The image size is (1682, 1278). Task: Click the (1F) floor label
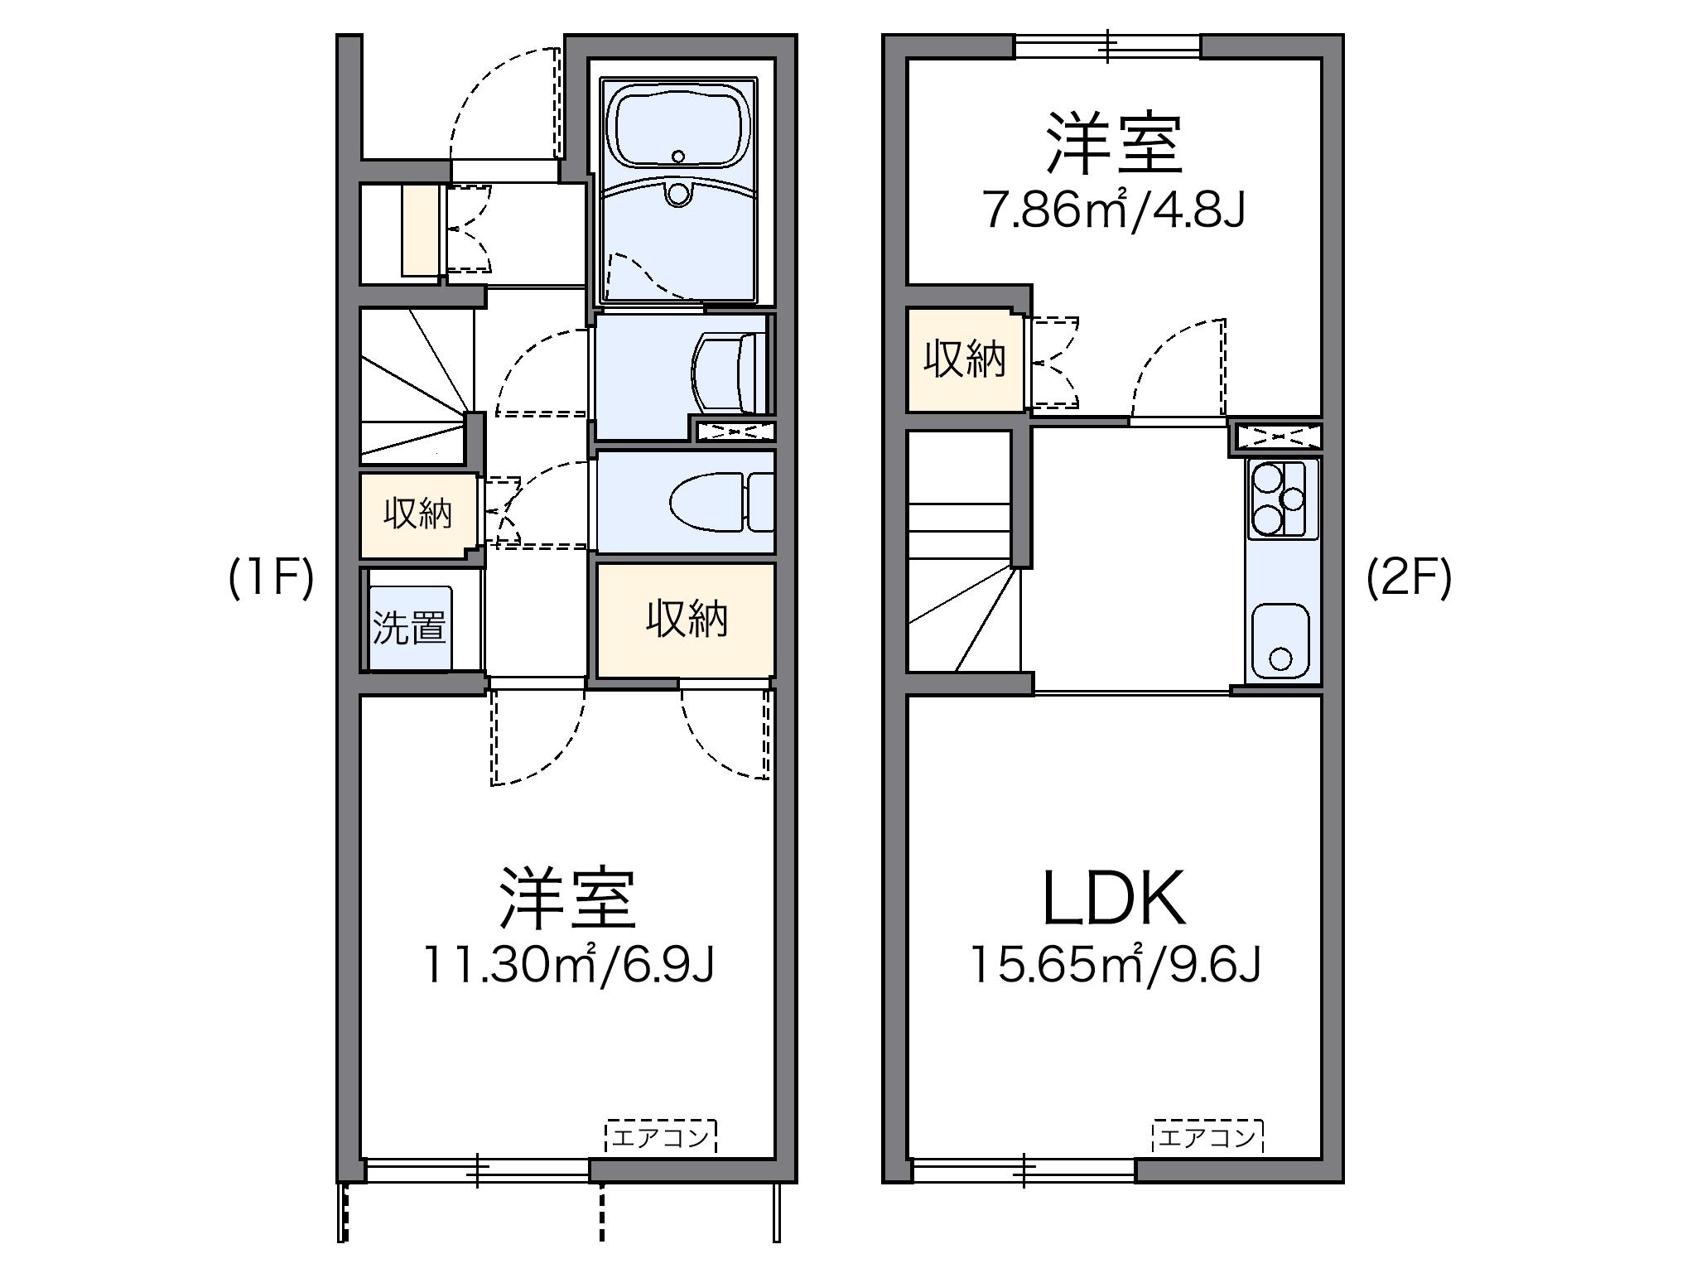(x=271, y=577)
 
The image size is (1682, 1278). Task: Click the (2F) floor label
(x=1409, y=577)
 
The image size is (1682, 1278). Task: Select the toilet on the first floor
(x=712, y=503)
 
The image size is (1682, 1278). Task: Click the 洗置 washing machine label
(x=409, y=628)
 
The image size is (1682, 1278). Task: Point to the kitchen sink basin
(x=1280, y=640)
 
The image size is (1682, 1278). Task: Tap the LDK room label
(x=1114, y=899)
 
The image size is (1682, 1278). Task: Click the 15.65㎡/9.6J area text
(x=1114, y=965)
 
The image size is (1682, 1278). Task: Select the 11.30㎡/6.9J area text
(x=568, y=965)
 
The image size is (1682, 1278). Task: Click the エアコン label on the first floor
(x=661, y=1137)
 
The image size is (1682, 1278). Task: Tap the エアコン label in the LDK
(x=1207, y=1137)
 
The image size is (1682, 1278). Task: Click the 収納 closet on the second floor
(x=965, y=359)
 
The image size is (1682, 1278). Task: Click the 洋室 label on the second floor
(x=1114, y=144)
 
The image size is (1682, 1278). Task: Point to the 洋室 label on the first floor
(x=568, y=899)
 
